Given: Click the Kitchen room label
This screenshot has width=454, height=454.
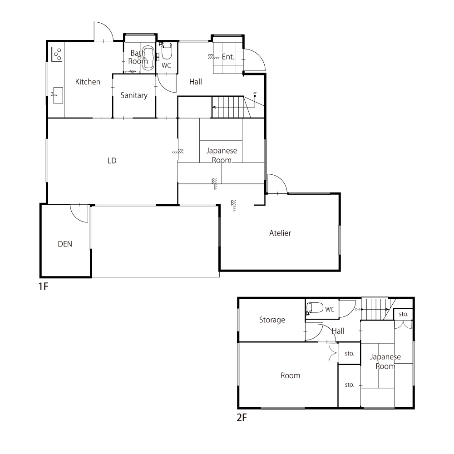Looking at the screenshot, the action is point(88,82).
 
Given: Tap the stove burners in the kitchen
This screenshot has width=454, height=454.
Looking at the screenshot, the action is point(57,54).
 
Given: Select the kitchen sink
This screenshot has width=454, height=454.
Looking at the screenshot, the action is point(58,95).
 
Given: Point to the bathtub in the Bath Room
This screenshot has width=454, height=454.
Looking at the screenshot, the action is point(148,58).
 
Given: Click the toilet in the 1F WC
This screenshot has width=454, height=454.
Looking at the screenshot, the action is point(167,51).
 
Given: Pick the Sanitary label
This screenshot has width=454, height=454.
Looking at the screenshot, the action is point(134,95).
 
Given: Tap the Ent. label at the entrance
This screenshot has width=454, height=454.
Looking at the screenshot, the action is point(228,57).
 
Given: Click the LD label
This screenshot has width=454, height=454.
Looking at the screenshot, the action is point(112,161).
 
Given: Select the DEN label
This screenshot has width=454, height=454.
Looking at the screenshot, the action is point(65,244).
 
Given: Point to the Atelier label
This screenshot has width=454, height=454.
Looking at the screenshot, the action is point(280,233).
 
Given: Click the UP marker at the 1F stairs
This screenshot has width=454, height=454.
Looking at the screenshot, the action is point(255,93).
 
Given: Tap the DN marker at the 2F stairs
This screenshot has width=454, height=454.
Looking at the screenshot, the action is point(357,309).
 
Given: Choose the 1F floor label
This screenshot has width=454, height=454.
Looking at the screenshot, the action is point(44,286).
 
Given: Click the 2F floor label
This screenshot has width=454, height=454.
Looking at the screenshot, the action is point(242,418).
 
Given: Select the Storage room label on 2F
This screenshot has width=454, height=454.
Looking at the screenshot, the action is point(272,320).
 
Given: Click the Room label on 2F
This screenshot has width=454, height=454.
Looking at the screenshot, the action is point(291,375).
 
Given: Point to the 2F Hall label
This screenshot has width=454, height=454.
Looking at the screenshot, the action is point(338,331).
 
